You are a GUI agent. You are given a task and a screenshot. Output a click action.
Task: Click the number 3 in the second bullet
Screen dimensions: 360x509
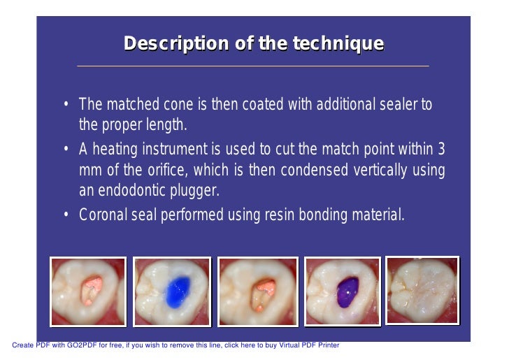click(440, 150)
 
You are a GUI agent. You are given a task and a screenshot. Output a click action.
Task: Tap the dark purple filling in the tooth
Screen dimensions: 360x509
click(346, 289)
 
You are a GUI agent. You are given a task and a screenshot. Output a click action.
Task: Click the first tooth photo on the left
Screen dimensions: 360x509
click(88, 291)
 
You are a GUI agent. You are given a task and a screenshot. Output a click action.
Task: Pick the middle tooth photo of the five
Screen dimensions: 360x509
click(257, 291)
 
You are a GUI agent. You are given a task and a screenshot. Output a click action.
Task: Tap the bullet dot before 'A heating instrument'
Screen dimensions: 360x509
click(65, 150)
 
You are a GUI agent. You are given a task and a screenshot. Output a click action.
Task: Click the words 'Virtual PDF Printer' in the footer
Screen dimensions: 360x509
click(305, 345)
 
